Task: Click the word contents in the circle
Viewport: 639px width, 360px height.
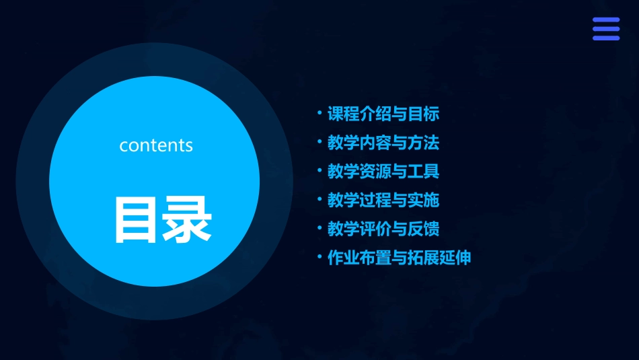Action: [x=156, y=145]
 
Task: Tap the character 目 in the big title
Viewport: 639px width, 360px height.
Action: [x=137, y=219]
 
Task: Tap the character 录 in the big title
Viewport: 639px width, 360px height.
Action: [x=186, y=219]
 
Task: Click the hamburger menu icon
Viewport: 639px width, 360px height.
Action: [x=605, y=29]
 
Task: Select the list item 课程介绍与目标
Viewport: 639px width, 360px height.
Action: [x=383, y=114]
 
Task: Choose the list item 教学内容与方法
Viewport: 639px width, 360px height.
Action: [x=383, y=143]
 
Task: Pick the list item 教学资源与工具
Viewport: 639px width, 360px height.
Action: [x=383, y=172]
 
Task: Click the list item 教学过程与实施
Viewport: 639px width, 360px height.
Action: [x=383, y=200]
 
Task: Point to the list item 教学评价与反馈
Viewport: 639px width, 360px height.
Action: [x=383, y=229]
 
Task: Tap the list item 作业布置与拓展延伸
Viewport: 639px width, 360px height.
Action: [x=399, y=258]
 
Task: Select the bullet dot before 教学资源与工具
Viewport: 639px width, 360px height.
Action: [x=319, y=170]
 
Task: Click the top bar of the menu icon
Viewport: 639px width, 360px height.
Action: [x=605, y=20]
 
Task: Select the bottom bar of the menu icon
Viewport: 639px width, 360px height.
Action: [x=605, y=38]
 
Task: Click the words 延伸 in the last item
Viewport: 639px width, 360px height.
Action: [x=455, y=258]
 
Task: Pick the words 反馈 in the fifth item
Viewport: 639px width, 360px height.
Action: [x=424, y=229]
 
